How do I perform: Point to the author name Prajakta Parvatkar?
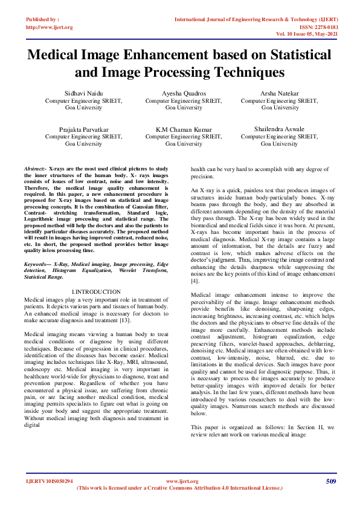click(x=83, y=130)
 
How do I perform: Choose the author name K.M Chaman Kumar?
click(x=184, y=130)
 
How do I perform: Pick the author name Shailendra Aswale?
click(x=279, y=130)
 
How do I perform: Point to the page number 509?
click(x=330, y=481)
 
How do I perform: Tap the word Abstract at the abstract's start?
click(x=35, y=166)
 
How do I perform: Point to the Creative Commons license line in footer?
click(x=180, y=488)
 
